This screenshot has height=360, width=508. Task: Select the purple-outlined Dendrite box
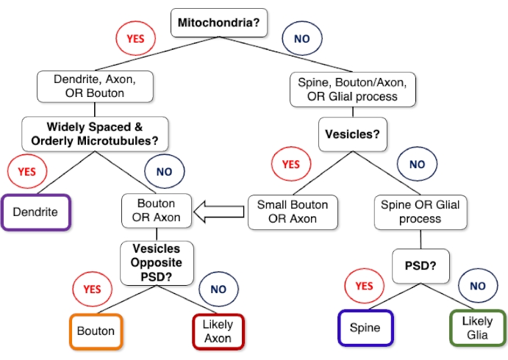(x=37, y=212)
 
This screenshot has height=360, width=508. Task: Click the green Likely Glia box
(x=477, y=327)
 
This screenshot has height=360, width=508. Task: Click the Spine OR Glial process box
(x=420, y=210)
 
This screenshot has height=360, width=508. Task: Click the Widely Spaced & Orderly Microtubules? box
(x=95, y=133)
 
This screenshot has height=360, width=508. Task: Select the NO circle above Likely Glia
(x=476, y=285)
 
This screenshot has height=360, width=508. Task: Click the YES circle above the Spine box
(x=365, y=285)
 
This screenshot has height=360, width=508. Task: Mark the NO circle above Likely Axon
(x=218, y=289)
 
